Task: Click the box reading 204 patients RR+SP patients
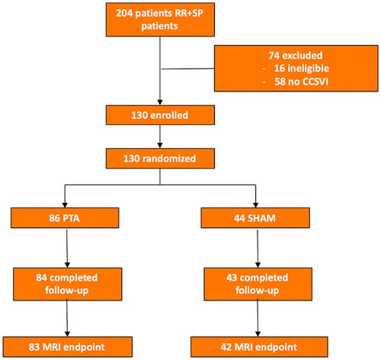point(160,22)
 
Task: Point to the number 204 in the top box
point(126,15)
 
